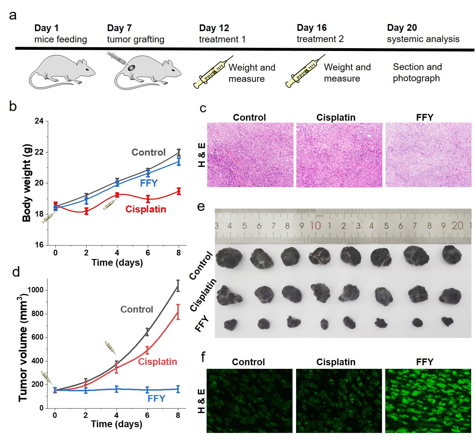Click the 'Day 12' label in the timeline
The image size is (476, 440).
[x=214, y=28]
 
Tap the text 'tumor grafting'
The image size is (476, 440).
[x=135, y=39]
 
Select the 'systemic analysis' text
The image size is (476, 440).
[x=423, y=39]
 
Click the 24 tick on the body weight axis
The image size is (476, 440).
[x=39, y=121]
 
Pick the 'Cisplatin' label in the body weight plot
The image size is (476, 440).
[x=146, y=209]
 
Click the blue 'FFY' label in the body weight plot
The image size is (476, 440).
[x=149, y=183]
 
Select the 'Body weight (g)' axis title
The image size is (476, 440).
[x=27, y=183]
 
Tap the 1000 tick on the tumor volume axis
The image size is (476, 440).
[x=35, y=290]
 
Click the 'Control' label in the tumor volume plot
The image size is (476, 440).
[x=137, y=309]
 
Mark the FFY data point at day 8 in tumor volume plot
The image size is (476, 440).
[x=178, y=389]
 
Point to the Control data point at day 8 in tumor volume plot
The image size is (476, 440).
[x=178, y=286]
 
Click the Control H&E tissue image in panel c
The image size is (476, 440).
[x=250, y=155]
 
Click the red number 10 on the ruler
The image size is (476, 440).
[x=315, y=226]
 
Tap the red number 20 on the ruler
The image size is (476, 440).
[x=457, y=226]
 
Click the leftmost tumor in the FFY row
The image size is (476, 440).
[x=231, y=324]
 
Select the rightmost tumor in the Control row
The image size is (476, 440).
[x=452, y=255]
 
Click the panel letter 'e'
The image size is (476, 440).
[x=201, y=206]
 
